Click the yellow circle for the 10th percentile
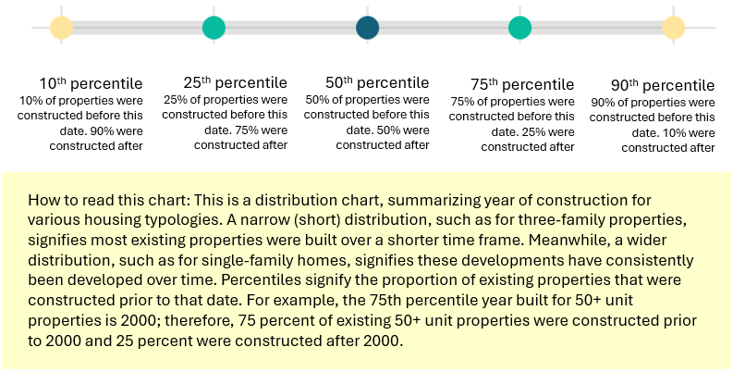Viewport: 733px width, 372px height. pos(61,28)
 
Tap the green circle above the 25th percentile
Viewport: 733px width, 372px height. pos(214,28)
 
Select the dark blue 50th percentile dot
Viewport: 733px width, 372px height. pos(367,28)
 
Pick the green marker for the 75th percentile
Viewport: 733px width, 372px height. pos(519,28)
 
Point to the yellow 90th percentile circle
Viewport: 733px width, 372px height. pos(673,28)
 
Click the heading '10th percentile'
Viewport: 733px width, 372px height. pos(91,82)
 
